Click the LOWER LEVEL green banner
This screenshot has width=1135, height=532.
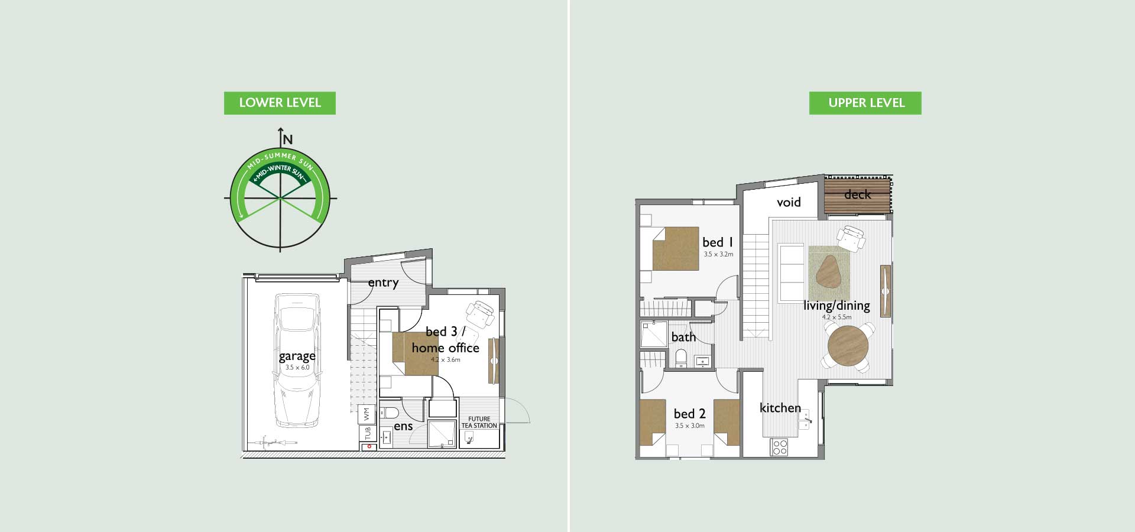[280, 103]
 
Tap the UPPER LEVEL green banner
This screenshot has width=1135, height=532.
[865, 103]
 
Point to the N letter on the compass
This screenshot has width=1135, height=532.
[288, 140]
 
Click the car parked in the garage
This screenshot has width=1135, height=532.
[297, 361]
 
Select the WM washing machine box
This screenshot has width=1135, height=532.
[367, 414]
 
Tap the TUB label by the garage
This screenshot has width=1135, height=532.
[368, 433]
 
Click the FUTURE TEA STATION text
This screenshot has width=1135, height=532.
[479, 422]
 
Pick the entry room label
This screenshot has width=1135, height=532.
[383, 283]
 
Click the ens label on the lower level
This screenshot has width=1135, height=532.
[403, 426]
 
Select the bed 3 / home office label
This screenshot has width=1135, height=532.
[445, 340]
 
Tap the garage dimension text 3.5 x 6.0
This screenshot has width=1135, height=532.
[297, 368]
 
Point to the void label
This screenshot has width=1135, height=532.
[789, 202]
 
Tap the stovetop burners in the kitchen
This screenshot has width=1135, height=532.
[780, 447]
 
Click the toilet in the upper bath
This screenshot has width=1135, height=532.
[680, 357]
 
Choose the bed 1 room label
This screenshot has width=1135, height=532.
[718, 242]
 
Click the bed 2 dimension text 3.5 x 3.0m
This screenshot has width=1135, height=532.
[690, 426]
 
